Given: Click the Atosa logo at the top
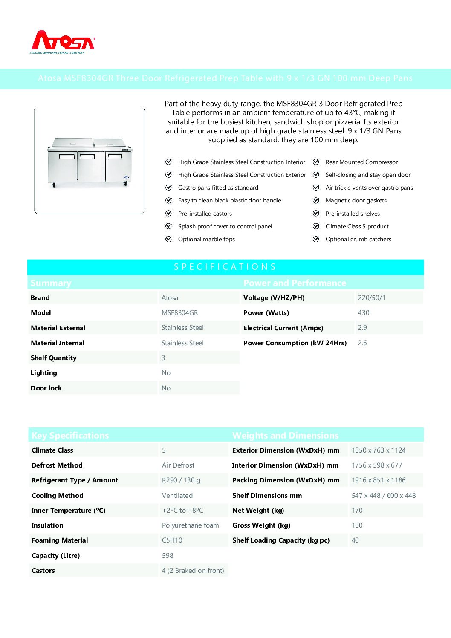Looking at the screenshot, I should (63, 41).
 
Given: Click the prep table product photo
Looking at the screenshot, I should (90, 161).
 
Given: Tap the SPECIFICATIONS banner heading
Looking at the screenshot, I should (225, 267).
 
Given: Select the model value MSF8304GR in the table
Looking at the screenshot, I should (179, 313).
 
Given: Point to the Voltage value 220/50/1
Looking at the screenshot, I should (371, 298).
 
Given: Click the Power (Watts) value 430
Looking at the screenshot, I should (364, 313).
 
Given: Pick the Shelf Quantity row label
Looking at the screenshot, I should (54, 358).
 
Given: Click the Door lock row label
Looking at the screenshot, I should (46, 388).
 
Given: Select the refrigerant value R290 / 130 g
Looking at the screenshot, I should (181, 480).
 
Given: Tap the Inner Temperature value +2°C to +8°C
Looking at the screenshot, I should (182, 511).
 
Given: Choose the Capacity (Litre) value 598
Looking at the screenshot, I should (168, 556).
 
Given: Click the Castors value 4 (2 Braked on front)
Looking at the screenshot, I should (193, 571).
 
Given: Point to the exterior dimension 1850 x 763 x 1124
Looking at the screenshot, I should (379, 450).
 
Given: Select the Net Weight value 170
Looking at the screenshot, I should (357, 511).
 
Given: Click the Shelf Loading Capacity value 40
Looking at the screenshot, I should (355, 540).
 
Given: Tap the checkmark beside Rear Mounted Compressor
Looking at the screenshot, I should (316, 162).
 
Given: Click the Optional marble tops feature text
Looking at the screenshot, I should (206, 240).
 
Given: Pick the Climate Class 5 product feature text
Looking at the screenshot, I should (357, 227).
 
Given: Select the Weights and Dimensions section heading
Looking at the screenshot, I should (285, 436).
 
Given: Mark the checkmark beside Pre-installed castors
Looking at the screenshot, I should (168, 214).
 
